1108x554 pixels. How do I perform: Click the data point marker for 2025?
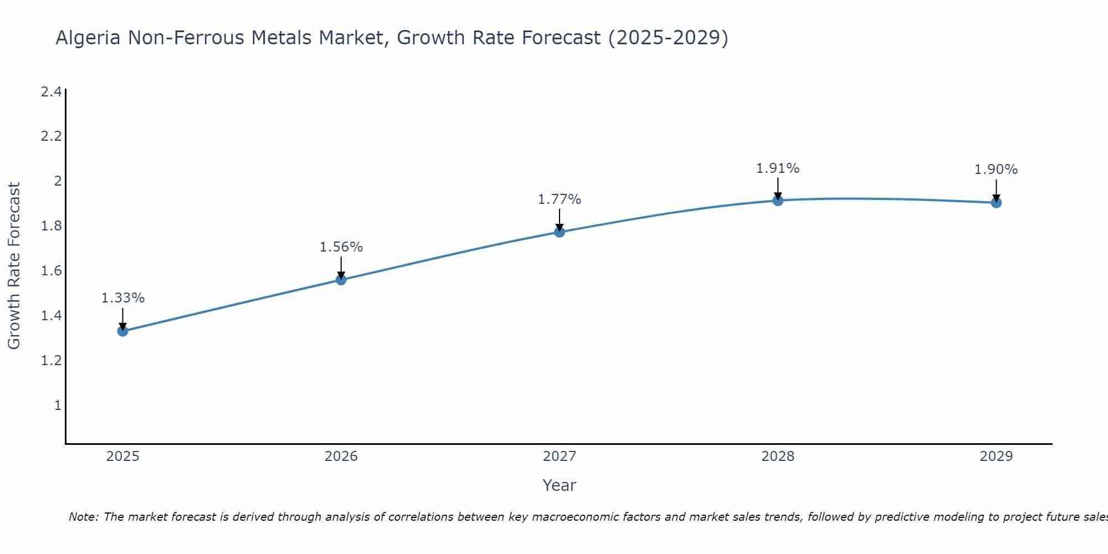point(122,331)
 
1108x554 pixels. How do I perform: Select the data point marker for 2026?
point(341,280)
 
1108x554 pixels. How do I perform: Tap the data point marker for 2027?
point(560,232)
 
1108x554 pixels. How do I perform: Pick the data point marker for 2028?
point(778,201)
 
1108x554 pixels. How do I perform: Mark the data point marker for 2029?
point(996,203)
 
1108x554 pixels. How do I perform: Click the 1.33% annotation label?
point(122,298)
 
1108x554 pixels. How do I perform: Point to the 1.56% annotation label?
point(341,247)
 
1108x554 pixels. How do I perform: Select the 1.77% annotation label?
point(560,199)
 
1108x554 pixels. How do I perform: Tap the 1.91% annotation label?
point(778,168)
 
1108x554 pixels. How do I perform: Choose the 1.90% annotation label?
point(996,170)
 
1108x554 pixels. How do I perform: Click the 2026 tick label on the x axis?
point(341,456)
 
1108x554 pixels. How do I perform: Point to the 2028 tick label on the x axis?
point(778,456)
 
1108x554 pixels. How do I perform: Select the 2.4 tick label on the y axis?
point(51,92)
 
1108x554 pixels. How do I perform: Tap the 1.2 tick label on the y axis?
point(51,361)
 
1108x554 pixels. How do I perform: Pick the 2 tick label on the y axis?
point(57,181)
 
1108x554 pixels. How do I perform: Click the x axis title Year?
point(560,485)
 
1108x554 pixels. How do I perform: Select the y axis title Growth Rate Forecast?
point(14,266)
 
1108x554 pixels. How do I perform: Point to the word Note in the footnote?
point(83,517)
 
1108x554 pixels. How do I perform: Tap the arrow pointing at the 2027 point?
point(560,220)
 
